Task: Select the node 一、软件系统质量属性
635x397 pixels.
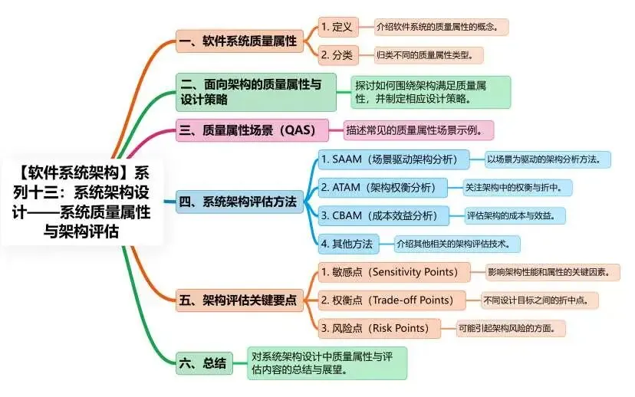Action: click(x=240, y=41)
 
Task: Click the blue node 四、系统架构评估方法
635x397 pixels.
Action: click(x=239, y=202)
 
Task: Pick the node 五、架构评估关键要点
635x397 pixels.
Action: click(x=239, y=300)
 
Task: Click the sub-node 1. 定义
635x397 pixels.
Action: click(x=337, y=27)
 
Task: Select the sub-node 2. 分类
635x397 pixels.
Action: click(x=337, y=54)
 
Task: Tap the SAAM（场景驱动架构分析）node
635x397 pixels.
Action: click(x=394, y=159)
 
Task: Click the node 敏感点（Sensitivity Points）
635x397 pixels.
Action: click(x=397, y=272)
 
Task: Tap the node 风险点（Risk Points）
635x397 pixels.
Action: click(x=380, y=328)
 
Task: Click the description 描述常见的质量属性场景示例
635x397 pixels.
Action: click(x=417, y=130)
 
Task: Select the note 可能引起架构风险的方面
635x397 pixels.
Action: click(x=512, y=328)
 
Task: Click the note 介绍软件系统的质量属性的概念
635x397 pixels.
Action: click(x=441, y=27)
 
